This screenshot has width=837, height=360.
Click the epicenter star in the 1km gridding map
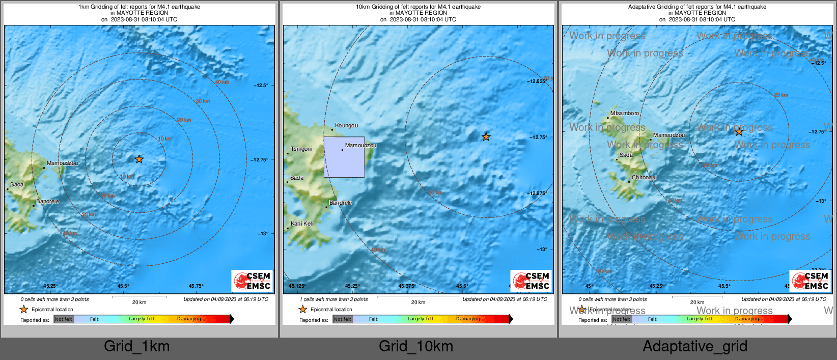(x=139, y=159)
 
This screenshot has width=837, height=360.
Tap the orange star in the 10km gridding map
(x=486, y=136)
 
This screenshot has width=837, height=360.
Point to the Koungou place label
(x=346, y=126)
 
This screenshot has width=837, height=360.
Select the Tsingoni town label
(x=301, y=149)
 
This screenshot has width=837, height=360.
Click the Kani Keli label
(x=302, y=224)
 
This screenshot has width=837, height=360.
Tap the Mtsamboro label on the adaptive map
(x=624, y=114)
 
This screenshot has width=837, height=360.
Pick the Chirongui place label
(x=644, y=178)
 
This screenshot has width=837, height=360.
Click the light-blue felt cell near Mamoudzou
(x=344, y=157)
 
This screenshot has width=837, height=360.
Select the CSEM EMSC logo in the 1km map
(x=252, y=281)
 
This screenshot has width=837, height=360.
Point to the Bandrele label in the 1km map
(x=47, y=202)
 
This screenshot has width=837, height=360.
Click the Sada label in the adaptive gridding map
(x=626, y=155)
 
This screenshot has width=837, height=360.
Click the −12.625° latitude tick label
(x=537, y=81)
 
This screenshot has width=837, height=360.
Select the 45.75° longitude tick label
(x=196, y=286)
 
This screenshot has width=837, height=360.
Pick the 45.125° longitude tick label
(x=297, y=286)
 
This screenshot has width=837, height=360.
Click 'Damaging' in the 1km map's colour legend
(x=189, y=319)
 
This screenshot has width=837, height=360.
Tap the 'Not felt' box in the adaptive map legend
(x=621, y=319)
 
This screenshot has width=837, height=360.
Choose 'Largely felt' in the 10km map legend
(x=421, y=319)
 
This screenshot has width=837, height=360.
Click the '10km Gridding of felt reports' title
(x=418, y=7)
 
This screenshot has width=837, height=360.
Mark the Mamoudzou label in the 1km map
(x=62, y=163)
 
